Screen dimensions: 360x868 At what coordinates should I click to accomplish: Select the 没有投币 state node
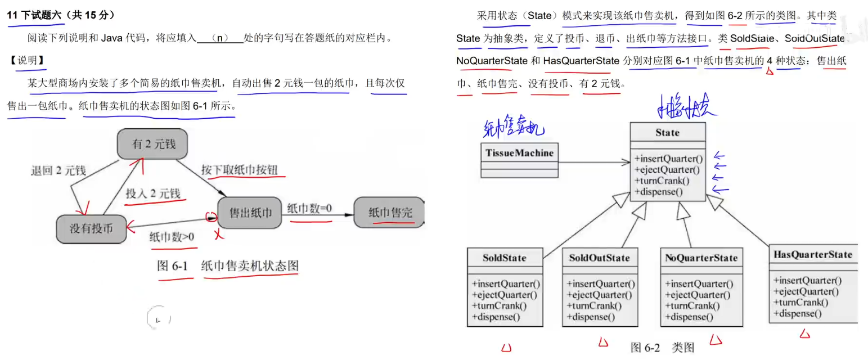point(91,229)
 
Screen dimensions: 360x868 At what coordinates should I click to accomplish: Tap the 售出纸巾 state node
point(250,213)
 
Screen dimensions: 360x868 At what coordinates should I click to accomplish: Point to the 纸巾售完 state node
point(390,213)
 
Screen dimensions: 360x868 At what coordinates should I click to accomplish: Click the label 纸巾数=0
point(310,208)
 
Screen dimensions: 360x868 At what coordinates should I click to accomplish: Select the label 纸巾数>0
point(172,237)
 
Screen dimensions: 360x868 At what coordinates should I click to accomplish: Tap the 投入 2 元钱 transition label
point(153,194)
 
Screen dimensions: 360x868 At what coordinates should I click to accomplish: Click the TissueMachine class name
point(519,152)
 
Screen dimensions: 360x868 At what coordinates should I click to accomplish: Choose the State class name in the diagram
point(667,133)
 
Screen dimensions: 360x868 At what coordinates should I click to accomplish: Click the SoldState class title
point(505,258)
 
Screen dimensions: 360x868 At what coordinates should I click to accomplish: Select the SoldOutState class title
point(600,258)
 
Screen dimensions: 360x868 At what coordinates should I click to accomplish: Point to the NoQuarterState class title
point(700,258)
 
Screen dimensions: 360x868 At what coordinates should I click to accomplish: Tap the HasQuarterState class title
point(813,254)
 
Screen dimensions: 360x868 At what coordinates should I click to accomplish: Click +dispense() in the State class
point(658,192)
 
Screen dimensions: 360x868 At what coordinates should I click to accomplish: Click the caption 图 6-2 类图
point(663,348)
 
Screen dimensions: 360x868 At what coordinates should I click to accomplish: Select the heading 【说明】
point(27,61)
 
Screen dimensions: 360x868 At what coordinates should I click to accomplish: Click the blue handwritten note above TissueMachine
point(513,128)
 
